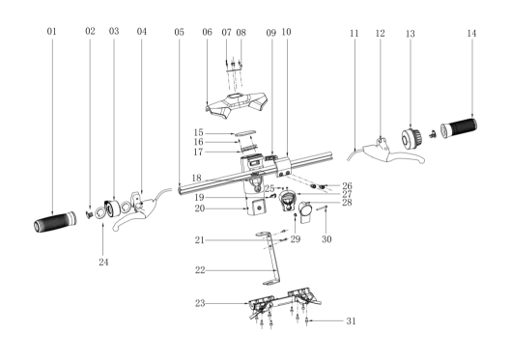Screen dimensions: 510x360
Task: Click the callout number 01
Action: click(52, 31)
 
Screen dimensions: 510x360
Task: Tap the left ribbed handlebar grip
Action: click(55, 222)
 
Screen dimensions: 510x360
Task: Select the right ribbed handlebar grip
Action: click(459, 127)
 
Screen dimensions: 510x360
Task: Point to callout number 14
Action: click(471, 33)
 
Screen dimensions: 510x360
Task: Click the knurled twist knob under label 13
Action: click(411, 139)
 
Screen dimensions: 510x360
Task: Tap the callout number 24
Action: click(103, 262)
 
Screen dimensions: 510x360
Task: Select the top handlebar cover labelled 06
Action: click(237, 104)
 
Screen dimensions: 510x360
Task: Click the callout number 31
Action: click(351, 321)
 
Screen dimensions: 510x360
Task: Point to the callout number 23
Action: click(200, 303)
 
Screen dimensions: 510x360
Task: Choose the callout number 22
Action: click(200, 270)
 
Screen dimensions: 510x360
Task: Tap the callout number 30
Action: click(326, 239)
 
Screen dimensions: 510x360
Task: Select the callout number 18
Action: click(196, 178)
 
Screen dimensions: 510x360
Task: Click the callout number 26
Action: click(347, 186)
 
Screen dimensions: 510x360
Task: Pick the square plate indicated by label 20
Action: click(257, 208)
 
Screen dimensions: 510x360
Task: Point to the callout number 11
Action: click(354, 33)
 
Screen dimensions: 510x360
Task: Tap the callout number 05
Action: click(179, 32)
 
